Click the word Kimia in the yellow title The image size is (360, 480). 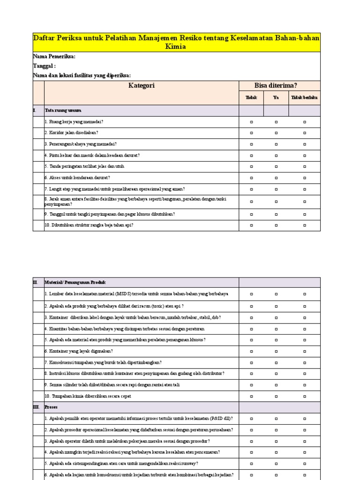pos(176,47)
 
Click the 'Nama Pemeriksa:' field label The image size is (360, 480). pos(54,57)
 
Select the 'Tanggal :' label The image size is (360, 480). pos(45,66)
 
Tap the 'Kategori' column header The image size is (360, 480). pos(142,85)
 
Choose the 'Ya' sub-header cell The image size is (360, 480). pos(276,98)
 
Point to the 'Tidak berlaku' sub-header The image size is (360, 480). pos(304,98)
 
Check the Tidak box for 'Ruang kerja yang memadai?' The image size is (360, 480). pos(251,122)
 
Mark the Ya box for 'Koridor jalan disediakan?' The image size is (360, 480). pos(276,133)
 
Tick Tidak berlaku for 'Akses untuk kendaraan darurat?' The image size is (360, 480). pos(305,178)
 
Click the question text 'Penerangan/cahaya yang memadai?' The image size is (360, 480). pos(81,144)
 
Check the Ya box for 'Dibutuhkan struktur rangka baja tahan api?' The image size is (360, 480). pos(276,225)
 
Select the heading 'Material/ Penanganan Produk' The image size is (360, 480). pos(75,283)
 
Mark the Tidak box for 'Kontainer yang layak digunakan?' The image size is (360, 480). pos(251,351)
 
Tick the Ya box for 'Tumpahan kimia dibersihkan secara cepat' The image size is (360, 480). pos(276,397)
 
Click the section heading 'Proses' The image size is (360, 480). pos(51,407)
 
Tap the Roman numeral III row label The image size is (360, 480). pos(37,407)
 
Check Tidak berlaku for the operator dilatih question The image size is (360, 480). pos(305,442)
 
